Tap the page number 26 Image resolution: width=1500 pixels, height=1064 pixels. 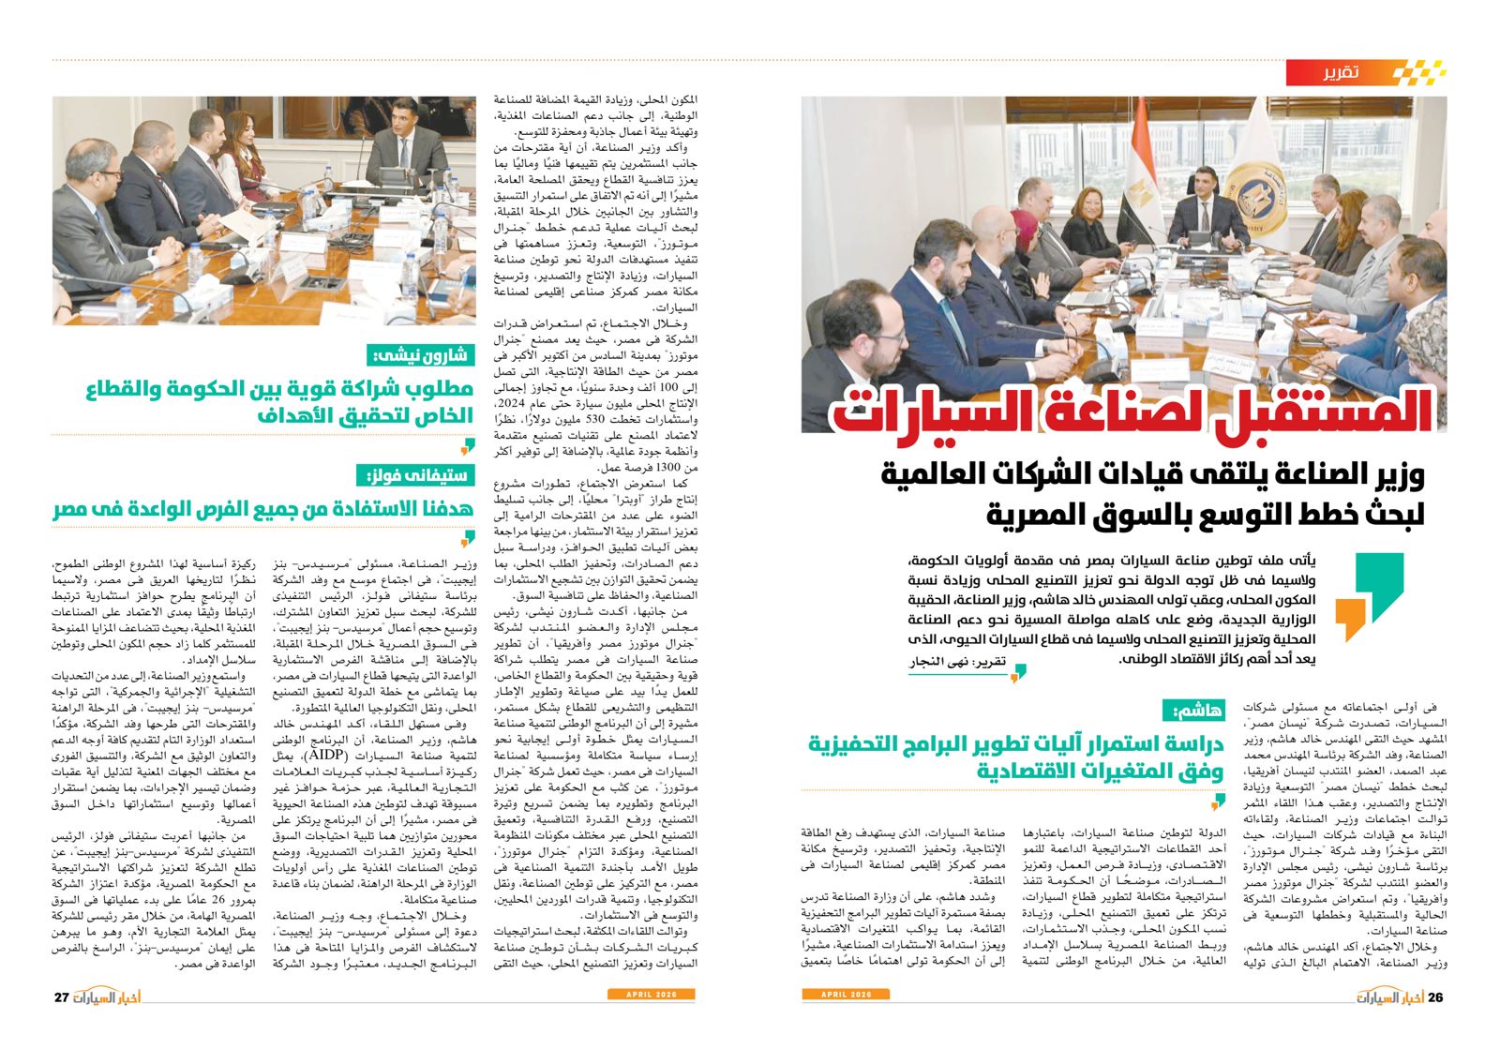(x=1435, y=997)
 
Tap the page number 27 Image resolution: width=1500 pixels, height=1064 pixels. (x=62, y=997)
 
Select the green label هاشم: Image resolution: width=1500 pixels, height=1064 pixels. (x=1193, y=711)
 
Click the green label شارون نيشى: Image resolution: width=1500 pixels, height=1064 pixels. (x=420, y=355)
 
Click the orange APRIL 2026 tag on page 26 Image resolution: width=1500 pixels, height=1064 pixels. (x=846, y=994)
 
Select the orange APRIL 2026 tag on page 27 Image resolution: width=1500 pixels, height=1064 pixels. (x=652, y=994)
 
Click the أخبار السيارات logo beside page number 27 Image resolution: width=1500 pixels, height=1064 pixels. (x=108, y=997)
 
